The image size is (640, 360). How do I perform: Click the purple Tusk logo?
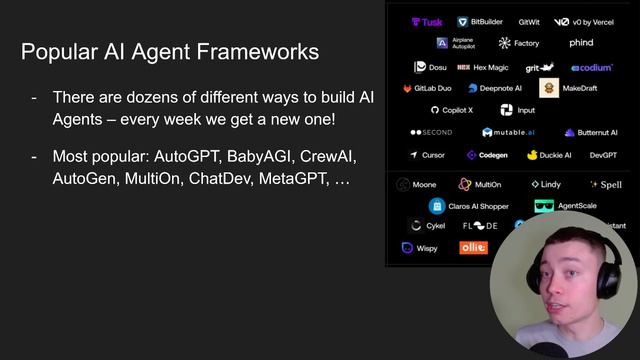[427, 22]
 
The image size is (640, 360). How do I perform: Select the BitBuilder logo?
[481, 22]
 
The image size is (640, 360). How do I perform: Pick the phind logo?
[581, 43]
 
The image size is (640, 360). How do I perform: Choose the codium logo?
[592, 67]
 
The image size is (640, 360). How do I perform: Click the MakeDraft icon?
[548, 88]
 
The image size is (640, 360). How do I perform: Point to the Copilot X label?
[452, 110]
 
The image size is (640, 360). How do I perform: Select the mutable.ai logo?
[509, 132]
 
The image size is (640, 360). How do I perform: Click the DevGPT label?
[603, 155]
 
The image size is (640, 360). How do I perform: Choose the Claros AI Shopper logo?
[436, 206]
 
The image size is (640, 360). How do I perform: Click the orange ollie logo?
[473, 247]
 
